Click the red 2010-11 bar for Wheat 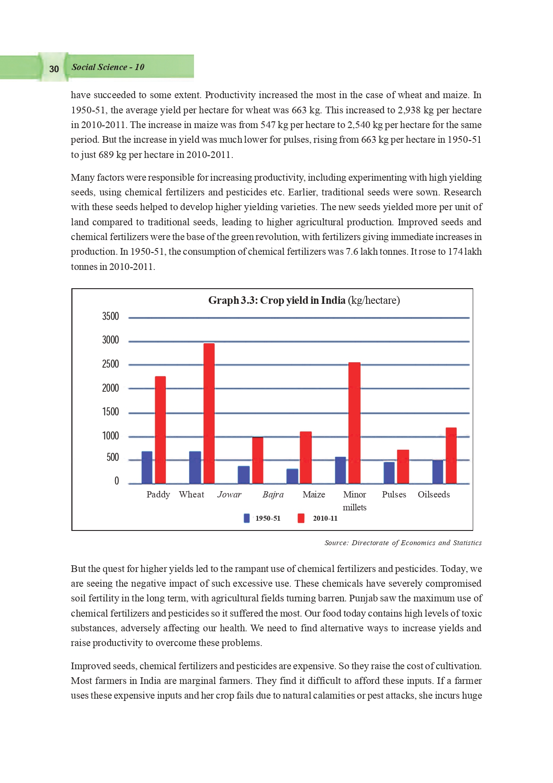tap(209, 413)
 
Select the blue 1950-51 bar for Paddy tap(147, 467)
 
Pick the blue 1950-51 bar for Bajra tap(292, 476)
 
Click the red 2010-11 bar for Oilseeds tap(451, 455)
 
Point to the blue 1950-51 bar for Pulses tap(389, 472)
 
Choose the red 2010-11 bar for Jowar tap(258, 460)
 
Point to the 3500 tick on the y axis tap(111, 316)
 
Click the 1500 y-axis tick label tap(111, 412)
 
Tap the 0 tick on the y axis tap(117, 481)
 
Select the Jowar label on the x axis tap(229, 494)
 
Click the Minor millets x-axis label tap(355, 501)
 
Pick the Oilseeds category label tap(433, 494)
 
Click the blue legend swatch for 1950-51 tap(247, 518)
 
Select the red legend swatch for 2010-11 tap(301, 518)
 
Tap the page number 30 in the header tap(54, 69)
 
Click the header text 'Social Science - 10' tap(108, 67)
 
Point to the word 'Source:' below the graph tap(336, 543)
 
